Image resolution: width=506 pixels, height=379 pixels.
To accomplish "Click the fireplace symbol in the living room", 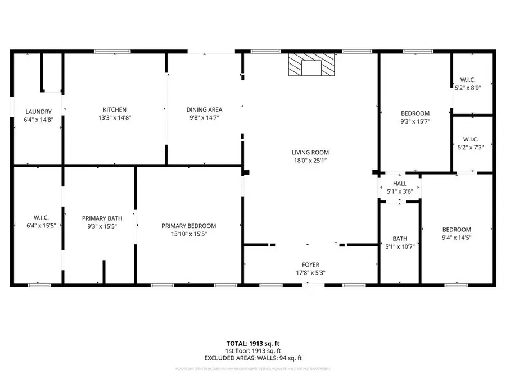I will (x=311, y=65).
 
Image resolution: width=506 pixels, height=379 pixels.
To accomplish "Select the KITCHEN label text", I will (x=114, y=109).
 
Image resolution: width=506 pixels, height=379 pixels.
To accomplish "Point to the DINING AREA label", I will (x=205, y=109).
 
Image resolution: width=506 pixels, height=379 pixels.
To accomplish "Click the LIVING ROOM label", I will (x=310, y=152).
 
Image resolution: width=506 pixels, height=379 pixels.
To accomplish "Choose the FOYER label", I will (x=310, y=264).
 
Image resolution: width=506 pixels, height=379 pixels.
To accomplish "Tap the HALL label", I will (x=400, y=184).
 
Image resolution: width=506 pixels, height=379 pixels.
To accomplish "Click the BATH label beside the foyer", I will (x=400, y=239).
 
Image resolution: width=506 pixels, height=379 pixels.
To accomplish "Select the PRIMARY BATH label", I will (x=102, y=218).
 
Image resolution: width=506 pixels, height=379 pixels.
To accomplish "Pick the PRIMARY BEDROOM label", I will (x=189, y=226).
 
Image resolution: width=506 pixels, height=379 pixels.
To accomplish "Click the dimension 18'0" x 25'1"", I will (x=310, y=161).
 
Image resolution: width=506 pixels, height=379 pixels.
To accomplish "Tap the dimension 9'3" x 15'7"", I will (x=415, y=121).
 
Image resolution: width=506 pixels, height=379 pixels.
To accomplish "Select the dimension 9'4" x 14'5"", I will (x=456, y=238).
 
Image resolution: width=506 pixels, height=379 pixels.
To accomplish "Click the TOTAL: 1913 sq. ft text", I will (x=253, y=343).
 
